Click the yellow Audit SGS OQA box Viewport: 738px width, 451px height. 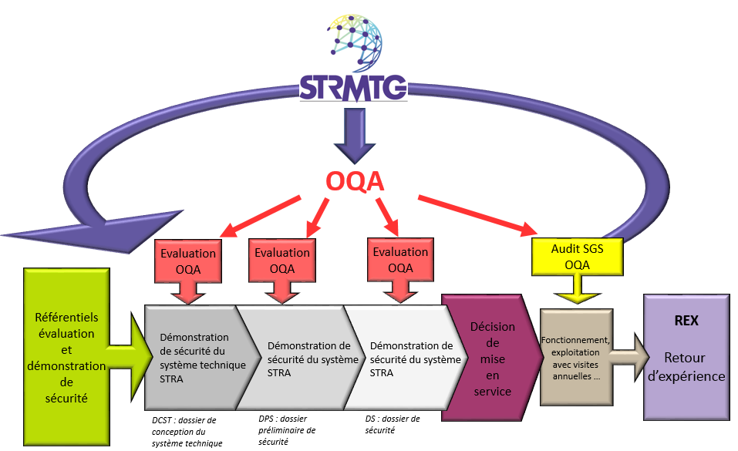577,257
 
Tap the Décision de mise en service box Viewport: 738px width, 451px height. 489,358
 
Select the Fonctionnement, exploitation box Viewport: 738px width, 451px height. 577,358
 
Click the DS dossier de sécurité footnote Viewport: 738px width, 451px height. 393,425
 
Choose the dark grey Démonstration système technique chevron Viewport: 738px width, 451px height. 197,356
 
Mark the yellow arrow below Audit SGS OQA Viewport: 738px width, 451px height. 575,293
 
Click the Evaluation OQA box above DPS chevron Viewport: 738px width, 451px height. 282,260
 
